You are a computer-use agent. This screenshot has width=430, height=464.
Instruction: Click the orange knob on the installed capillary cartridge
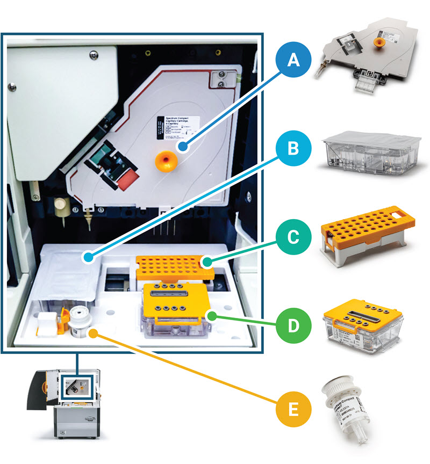(165, 160)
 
